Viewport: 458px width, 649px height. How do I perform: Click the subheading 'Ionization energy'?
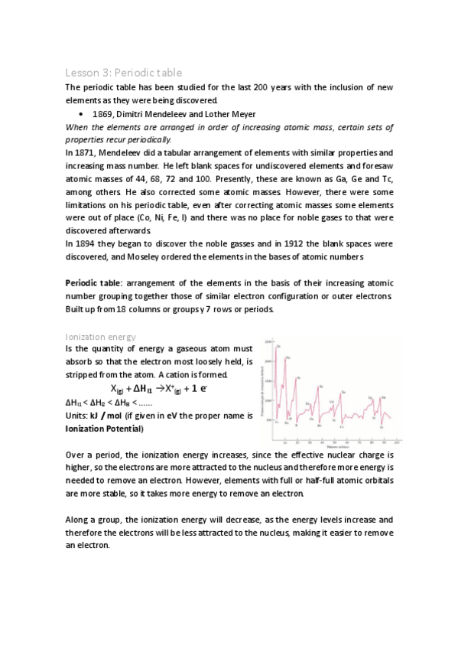coord(101,336)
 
